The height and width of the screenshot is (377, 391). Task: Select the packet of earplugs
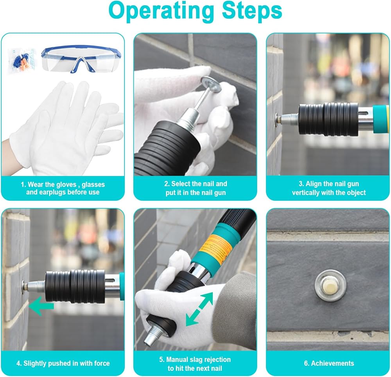[x=22, y=61]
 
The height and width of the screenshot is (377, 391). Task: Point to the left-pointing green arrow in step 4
[x=41, y=306]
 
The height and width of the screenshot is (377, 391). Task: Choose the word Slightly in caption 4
[x=34, y=363]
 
